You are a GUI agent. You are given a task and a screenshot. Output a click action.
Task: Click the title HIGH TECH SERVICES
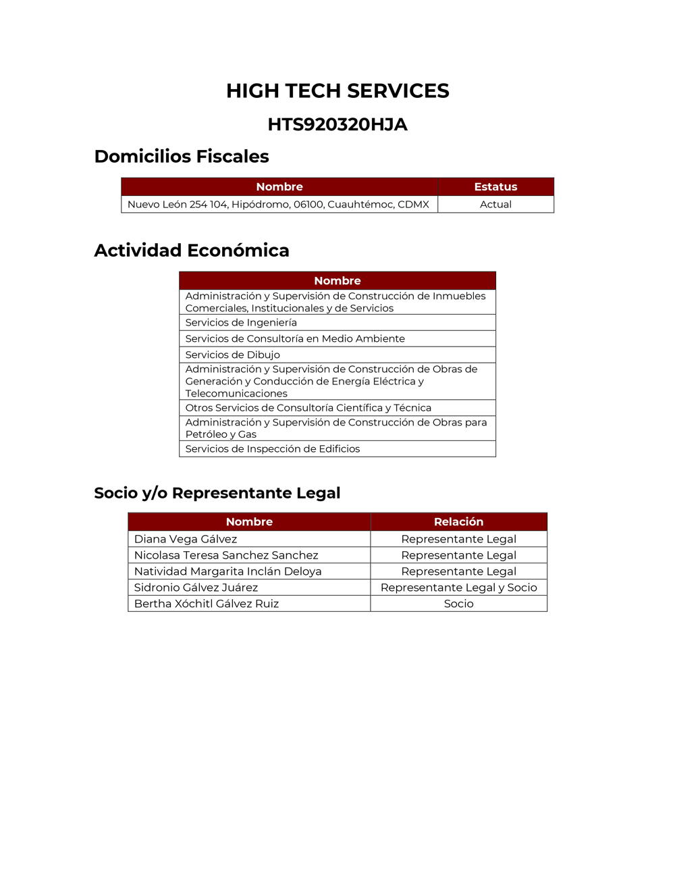(337, 91)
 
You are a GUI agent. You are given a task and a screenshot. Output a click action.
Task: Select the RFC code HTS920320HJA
(337, 124)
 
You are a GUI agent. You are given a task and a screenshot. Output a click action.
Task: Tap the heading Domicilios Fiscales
(182, 156)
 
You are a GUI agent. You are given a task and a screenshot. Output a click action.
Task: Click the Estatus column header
(495, 186)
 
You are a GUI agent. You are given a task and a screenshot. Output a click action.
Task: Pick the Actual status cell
(495, 204)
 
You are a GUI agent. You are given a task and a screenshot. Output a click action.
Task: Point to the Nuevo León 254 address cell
(278, 204)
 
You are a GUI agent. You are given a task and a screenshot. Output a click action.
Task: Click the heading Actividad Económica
(192, 250)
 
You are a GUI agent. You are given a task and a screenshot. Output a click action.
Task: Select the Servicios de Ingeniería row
(241, 322)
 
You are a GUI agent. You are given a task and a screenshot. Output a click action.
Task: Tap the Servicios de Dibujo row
(233, 355)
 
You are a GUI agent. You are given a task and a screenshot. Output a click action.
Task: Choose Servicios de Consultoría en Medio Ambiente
(295, 338)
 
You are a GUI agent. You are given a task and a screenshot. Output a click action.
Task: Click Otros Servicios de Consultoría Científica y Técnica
(308, 407)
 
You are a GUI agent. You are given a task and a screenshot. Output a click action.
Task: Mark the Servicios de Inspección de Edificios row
(273, 448)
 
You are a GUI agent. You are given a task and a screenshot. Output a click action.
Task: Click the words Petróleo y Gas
(221, 434)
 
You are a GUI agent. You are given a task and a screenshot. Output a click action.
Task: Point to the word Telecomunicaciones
(236, 393)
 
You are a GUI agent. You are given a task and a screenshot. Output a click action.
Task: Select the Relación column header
(458, 521)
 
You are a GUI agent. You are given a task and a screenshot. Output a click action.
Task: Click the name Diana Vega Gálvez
(186, 539)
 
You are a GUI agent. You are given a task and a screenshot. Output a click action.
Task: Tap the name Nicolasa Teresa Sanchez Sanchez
(226, 555)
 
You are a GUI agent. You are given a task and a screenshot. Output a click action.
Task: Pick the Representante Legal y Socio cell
(458, 588)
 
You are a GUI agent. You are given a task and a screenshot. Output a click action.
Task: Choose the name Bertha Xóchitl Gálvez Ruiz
(207, 604)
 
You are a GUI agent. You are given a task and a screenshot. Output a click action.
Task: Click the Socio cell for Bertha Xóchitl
(458, 604)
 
